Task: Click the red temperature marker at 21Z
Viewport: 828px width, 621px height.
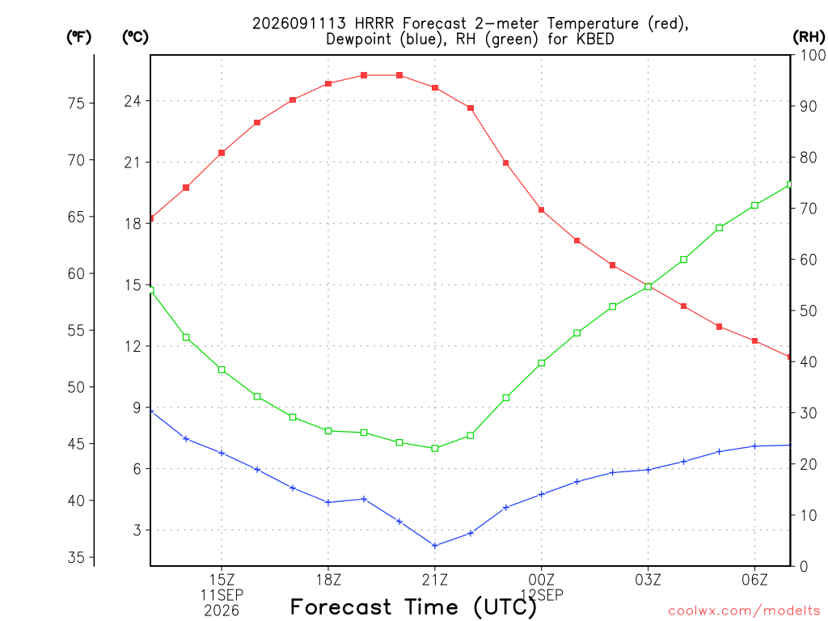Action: point(435,87)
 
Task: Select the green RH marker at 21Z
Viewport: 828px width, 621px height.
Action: point(435,448)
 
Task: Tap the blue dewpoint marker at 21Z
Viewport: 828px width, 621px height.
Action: point(435,546)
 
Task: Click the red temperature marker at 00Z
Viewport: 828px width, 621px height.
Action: point(541,209)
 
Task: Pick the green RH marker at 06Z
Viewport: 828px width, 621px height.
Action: point(754,205)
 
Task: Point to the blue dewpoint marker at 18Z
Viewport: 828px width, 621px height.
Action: point(328,502)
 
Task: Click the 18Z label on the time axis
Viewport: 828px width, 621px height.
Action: point(328,580)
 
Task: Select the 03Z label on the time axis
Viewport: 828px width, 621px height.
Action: point(648,580)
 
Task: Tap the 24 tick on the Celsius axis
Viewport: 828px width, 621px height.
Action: point(133,101)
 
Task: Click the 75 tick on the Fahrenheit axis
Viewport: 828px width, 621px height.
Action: point(77,103)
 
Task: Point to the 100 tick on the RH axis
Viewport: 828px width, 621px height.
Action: point(813,55)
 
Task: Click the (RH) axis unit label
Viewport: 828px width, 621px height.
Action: point(809,37)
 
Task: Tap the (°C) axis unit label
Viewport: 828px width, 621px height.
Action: point(135,37)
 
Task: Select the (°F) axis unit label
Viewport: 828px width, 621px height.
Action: point(79,37)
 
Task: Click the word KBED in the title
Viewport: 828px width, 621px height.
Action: point(596,39)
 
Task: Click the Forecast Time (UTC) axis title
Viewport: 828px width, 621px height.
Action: point(413,607)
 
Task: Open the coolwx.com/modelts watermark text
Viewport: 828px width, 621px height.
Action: point(744,610)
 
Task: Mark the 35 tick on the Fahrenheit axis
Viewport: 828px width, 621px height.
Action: point(77,558)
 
